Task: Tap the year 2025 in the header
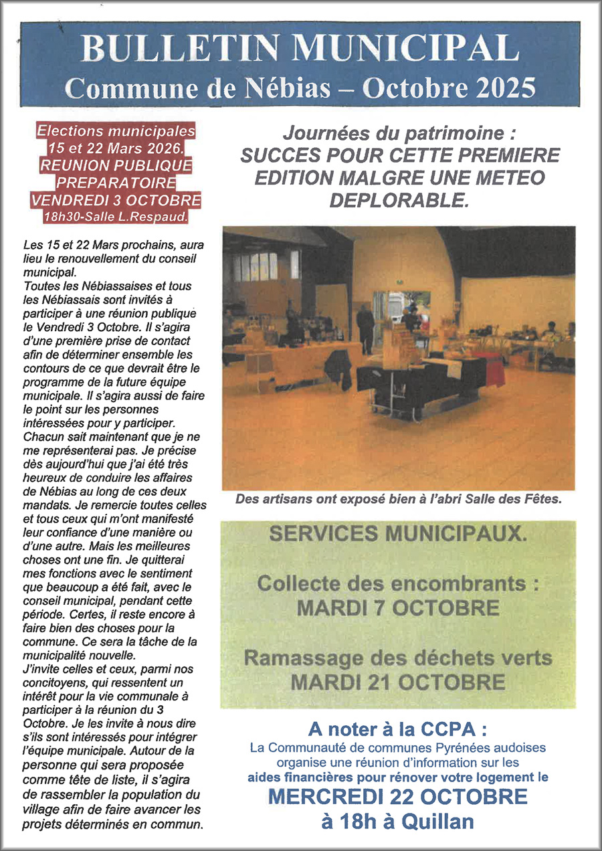pos(498,86)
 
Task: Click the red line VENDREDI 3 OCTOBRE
pos(116,199)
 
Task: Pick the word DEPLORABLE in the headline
pos(399,200)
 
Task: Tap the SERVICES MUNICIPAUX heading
pos(397,534)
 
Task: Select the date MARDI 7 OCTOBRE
pos(397,607)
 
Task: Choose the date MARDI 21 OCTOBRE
pos(397,682)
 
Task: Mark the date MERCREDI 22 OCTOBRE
pos(397,797)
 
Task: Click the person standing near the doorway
pos(365,327)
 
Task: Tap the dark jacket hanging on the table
pos(338,369)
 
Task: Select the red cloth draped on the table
pos(494,371)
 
